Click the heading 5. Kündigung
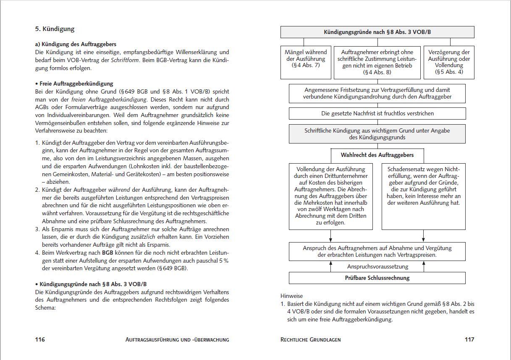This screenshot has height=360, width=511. pyautogui.click(x=55, y=29)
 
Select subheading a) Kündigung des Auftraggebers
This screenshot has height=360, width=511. pyautogui.click(x=76, y=44)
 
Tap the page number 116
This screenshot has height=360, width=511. pyautogui.click(x=40, y=339)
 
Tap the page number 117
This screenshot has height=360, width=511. pyautogui.click(x=469, y=339)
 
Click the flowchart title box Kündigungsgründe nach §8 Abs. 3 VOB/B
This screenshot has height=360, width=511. pyautogui.click(x=377, y=32)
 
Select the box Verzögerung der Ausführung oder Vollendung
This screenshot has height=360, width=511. pyautogui.click(x=449, y=62)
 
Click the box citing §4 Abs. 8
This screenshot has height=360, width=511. pyautogui.click(x=377, y=62)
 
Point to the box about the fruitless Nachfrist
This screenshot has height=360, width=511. pyautogui.click(x=377, y=113)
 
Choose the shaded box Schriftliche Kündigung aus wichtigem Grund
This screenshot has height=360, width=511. pyautogui.click(x=377, y=134)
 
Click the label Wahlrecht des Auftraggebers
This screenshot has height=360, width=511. pyautogui.click(x=377, y=155)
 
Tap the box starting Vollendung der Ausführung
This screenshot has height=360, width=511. pyautogui.click(x=331, y=196)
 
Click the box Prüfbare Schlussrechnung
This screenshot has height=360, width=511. pyautogui.click(x=377, y=278)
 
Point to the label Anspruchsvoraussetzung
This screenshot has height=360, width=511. pyautogui.click(x=377, y=266)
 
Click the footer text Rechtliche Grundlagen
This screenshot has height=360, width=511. pyautogui.click(x=310, y=339)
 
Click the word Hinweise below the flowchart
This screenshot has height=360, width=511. pyautogui.click(x=291, y=296)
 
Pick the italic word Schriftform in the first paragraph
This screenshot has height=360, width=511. pyautogui.click(x=124, y=60)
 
